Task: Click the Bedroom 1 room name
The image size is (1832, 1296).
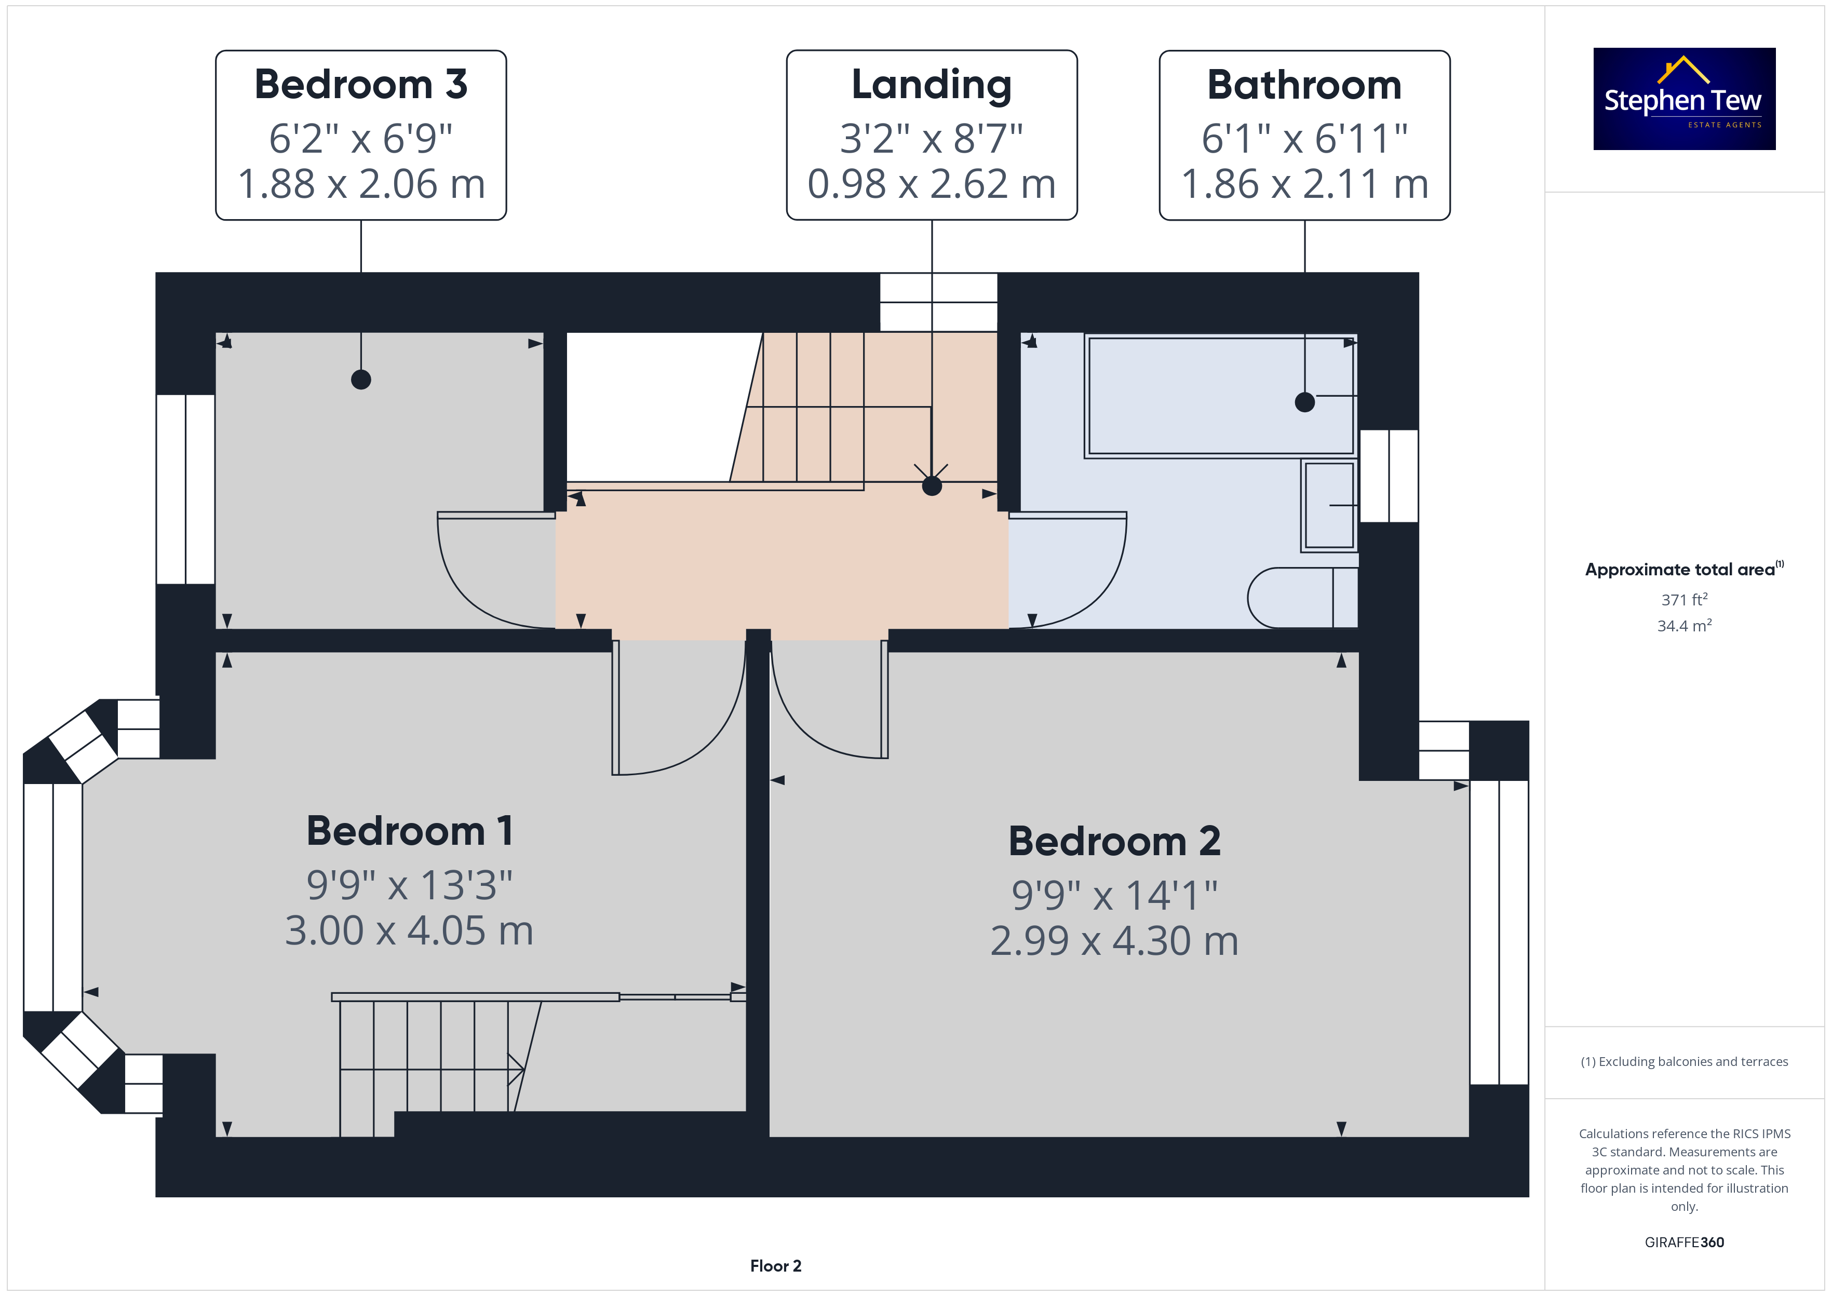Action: (409, 831)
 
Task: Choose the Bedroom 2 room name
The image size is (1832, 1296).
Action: (1114, 841)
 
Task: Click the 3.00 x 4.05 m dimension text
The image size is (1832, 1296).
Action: (409, 930)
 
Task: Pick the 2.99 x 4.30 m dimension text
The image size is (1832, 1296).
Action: (1114, 941)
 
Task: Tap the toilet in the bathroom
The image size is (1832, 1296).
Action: (1302, 598)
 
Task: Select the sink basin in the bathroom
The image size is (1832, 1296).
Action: (1328, 505)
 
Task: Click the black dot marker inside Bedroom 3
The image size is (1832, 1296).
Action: (361, 380)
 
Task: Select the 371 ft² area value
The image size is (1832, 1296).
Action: (1685, 599)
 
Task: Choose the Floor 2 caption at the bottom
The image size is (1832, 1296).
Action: (776, 1266)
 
